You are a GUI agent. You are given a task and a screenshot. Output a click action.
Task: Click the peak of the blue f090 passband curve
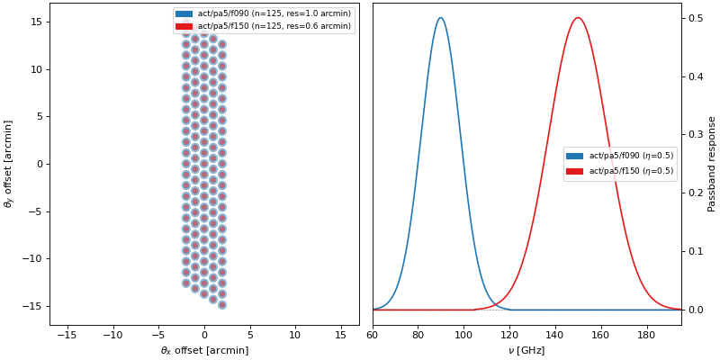coord(440,18)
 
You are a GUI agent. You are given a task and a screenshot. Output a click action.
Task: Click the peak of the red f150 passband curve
coord(578,18)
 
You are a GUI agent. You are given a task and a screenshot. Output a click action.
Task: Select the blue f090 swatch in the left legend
coord(184,14)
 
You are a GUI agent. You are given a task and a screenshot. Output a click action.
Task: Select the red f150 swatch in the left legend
coord(184,26)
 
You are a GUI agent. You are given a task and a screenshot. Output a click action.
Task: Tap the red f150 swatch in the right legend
coord(575,171)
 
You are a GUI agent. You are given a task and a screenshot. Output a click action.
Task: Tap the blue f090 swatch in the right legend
coord(575,156)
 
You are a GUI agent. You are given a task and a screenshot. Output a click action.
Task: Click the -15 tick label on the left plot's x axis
coord(66,336)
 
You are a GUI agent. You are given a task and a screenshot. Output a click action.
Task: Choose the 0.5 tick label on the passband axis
coord(697,18)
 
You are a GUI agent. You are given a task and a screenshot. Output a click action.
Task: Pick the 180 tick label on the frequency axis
coord(646,336)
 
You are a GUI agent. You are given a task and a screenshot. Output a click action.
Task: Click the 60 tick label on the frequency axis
coord(373,336)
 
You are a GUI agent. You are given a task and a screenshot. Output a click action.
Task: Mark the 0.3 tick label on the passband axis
coord(697,135)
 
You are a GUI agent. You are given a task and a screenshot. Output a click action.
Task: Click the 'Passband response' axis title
coord(712,164)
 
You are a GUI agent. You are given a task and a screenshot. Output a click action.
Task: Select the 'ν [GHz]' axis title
coord(526,350)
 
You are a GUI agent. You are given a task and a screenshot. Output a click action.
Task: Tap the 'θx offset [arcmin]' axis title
coord(204,350)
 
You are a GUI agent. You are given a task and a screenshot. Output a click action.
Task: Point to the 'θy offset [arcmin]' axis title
coord(9,164)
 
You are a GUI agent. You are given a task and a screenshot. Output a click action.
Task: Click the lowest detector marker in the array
coord(221,304)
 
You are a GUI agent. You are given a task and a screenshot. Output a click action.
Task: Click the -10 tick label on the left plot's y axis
coord(33,258)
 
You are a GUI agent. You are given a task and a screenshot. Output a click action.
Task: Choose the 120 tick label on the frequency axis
coord(509,336)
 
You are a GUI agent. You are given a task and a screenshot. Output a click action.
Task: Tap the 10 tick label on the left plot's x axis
coord(295,336)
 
